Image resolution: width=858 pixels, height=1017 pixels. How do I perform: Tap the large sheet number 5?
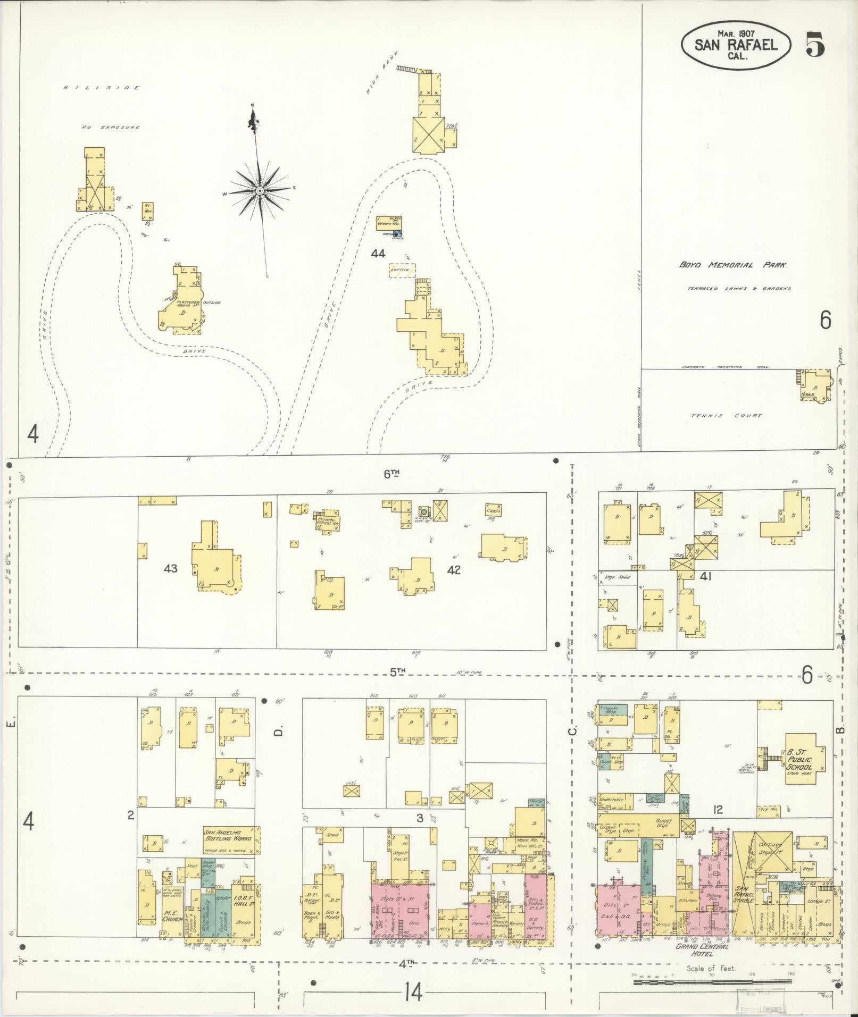pos(815,44)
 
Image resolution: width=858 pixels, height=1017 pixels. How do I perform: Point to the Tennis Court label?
pos(727,416)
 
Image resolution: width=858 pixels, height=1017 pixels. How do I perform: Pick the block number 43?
pos(170,569)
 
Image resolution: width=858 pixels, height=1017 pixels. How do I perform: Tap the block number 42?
pos(454,570)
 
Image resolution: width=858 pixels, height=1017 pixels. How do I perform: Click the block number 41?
pos(706,576)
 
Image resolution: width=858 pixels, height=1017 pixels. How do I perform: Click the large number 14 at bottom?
pos(412,992)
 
